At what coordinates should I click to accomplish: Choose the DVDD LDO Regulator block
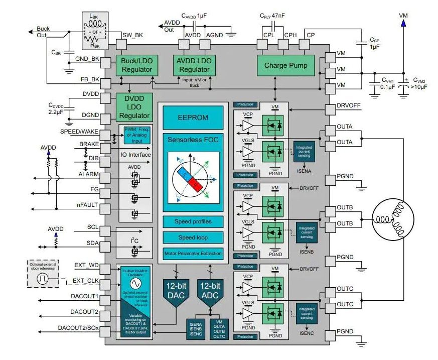pos(134,106)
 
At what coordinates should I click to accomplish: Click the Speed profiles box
pos(193,221)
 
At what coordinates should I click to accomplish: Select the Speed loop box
pos(193,237)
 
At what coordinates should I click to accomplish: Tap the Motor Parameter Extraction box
pos(193,253)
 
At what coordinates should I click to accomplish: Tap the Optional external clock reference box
pos(43,273)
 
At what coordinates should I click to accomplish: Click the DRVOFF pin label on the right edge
pos(348,106)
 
